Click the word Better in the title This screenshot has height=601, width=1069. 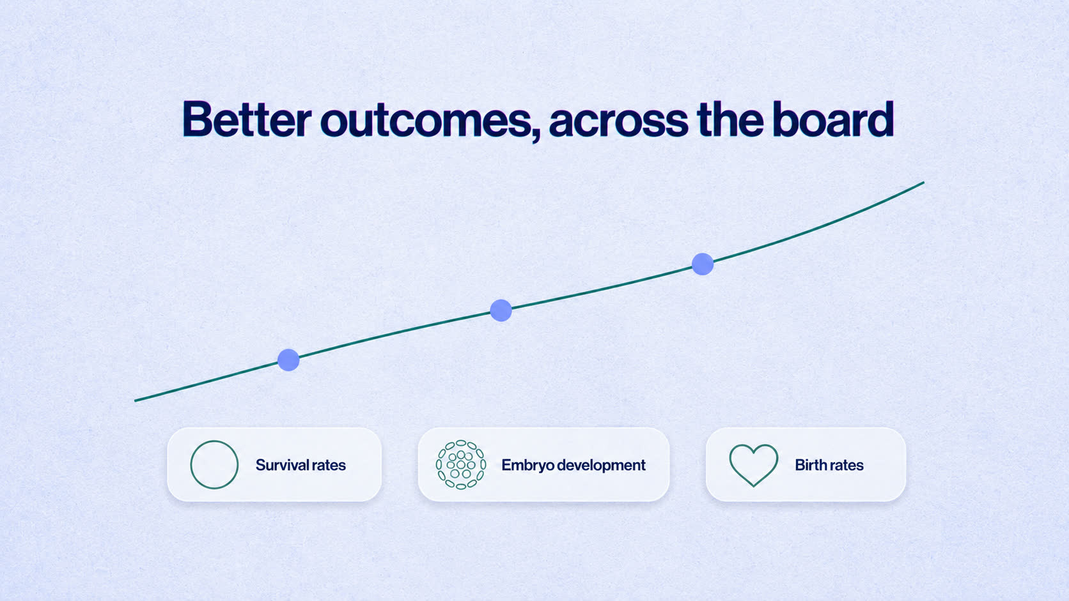247,119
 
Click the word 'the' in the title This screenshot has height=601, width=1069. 730,119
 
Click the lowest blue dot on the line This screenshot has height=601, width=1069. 288,360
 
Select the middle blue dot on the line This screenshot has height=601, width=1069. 501,311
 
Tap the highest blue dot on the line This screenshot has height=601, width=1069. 703,264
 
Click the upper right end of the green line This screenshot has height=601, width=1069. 924,183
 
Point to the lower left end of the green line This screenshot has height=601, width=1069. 136,400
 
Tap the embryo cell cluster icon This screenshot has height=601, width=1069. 461,465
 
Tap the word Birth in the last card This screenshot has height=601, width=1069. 810,465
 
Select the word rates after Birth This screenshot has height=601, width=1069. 846,465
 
